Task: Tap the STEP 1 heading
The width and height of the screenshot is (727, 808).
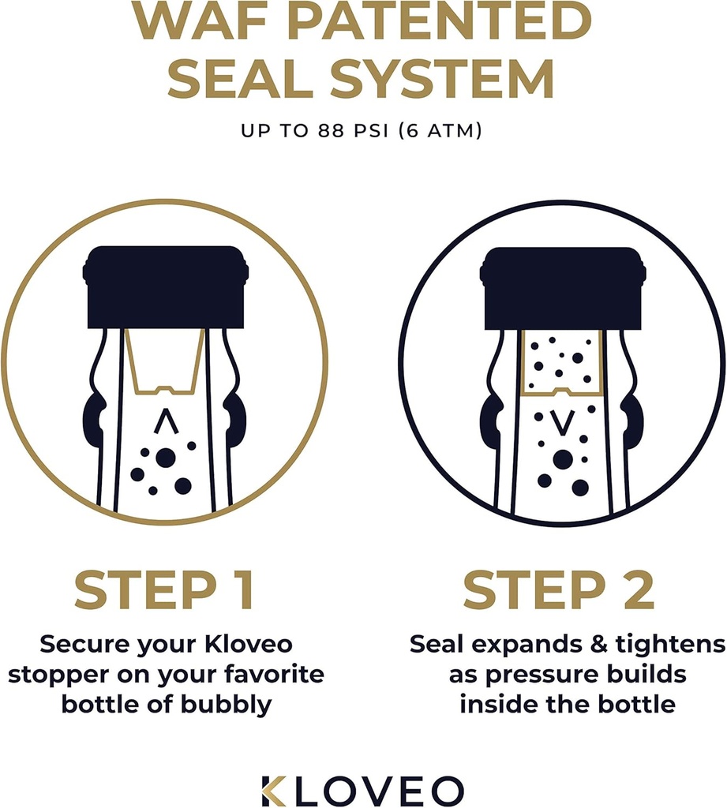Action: pos(165,592)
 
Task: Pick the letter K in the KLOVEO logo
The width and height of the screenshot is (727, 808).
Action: pos(275,789)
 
